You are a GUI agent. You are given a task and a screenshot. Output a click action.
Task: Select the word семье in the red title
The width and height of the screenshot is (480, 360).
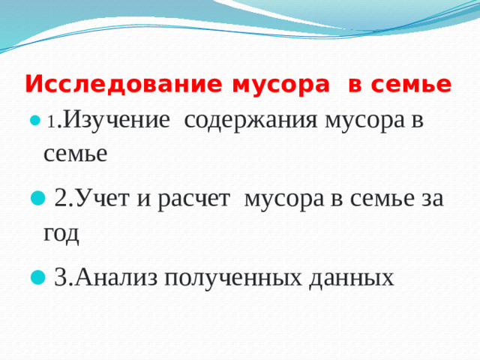pyautogui.click(x=412, y=85)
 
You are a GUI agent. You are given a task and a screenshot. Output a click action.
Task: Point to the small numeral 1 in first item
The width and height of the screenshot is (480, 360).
pyautogui.click(x=50, y=122)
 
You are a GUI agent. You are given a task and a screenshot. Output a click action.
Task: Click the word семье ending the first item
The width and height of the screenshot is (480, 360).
pyautogui.click(x=75, y=154)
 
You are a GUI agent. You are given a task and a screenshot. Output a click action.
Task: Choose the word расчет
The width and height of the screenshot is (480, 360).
pyautogui.click(x=192, y=198)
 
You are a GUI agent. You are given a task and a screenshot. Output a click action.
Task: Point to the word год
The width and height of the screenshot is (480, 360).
pyautogui.click(x=61, y=232)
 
